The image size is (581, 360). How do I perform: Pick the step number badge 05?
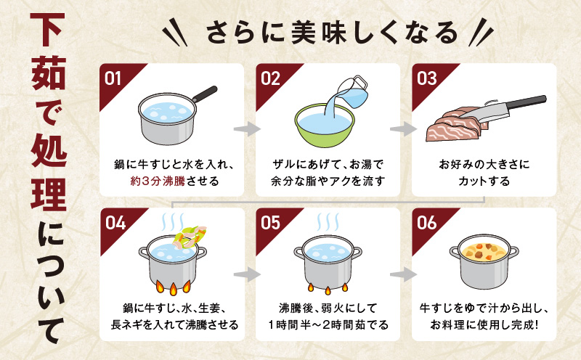271,224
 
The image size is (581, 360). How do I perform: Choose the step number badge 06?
427,224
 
